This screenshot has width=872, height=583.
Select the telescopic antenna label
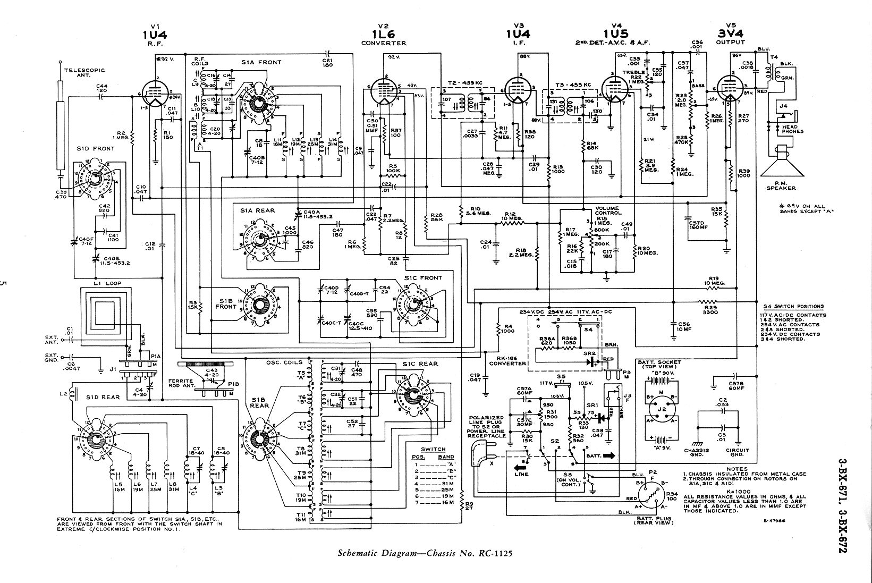point(84,72)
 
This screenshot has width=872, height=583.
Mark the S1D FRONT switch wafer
point(96,178)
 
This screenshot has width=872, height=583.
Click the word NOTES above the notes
point(738,469)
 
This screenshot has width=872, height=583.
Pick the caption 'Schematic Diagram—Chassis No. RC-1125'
point(425,554)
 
